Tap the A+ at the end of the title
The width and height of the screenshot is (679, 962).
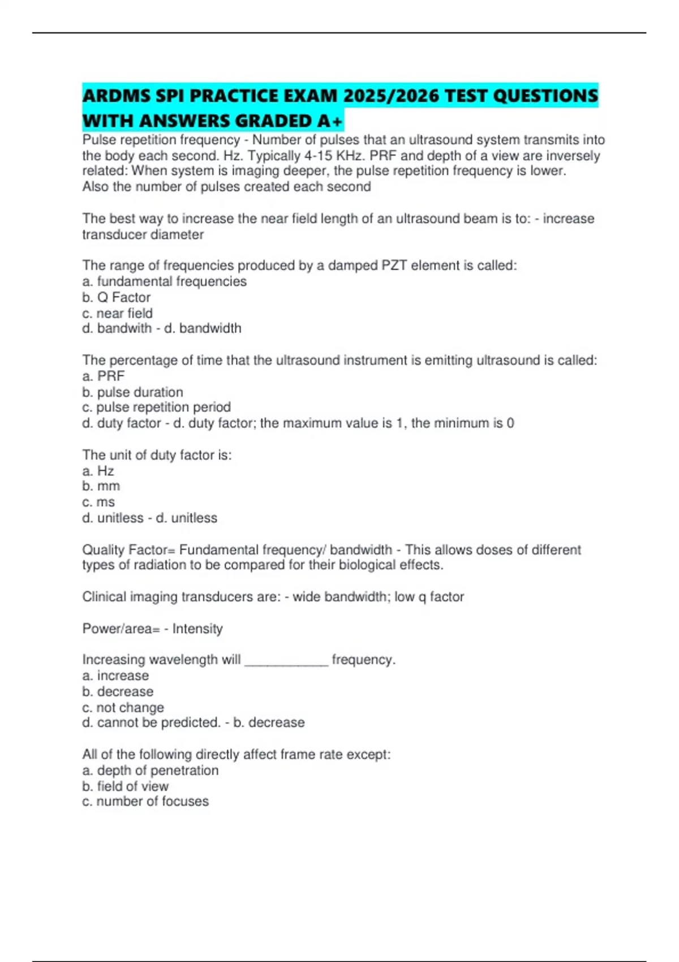tap(330, 121)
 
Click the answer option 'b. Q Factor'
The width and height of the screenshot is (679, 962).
tap(117, 297)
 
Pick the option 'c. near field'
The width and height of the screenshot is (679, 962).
tap(117, 313)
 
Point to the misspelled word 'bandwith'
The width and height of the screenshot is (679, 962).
tap(124, 328)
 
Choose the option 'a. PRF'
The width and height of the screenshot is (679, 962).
tap(104, 376)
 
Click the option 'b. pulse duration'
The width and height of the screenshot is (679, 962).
tap(132, 392)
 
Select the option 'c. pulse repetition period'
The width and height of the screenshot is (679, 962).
tap(156, 407)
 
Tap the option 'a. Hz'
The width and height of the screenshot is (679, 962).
tap(98, 471)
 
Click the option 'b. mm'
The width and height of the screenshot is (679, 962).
tap(101, 486)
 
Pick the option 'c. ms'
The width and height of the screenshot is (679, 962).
tap(98, 502)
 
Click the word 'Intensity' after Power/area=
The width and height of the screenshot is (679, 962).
tap(197, 629)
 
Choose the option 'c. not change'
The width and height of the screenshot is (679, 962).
tap(123, 707)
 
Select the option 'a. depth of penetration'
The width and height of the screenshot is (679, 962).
tap(150, 770)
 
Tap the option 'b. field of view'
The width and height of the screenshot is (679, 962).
tap(125, 786)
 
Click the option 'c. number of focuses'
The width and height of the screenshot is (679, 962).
tap(145, 801)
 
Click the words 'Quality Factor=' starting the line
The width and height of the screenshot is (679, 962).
tap(128, 549)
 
